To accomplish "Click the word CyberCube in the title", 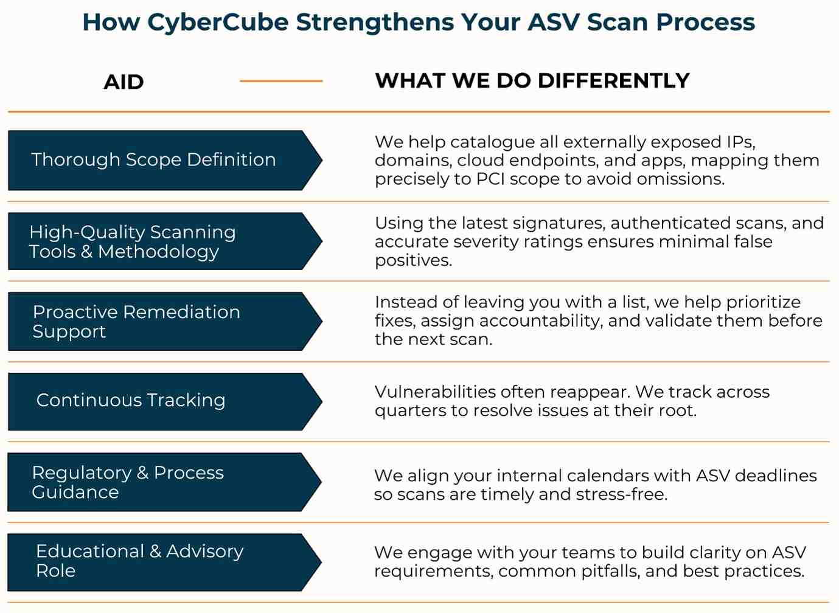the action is tap(218, 23).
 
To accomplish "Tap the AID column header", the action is tap(124, 82).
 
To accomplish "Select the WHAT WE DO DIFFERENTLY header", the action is tap(532, 80).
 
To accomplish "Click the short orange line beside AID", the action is tap(281, 81).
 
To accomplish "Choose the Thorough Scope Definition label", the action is tap(153, 160).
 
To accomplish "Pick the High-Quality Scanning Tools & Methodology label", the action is tap(133, 242).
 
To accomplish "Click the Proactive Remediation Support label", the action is tap(136, 322).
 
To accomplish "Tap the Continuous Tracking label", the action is tap(131, 400).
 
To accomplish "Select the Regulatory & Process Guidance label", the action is tap(128, 482).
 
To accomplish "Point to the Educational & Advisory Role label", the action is tap(140, 561).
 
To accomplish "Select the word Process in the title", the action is tap(706, 23).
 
